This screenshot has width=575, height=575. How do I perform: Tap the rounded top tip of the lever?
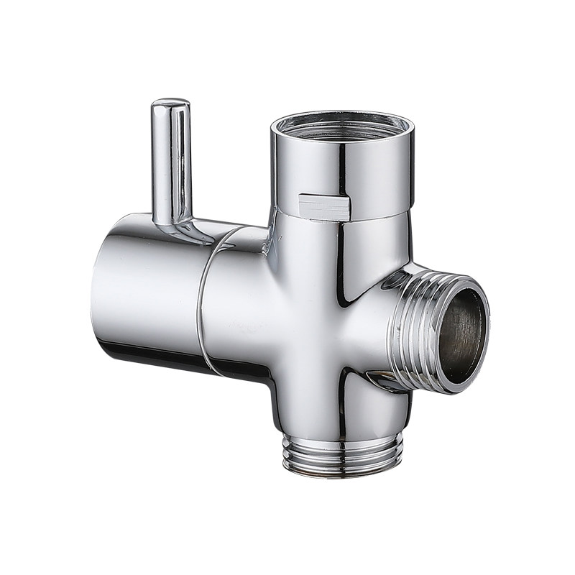click(170, 104)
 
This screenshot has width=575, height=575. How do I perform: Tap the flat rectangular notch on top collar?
click(324, 207)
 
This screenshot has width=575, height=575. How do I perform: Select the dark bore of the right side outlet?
click(461, 334)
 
